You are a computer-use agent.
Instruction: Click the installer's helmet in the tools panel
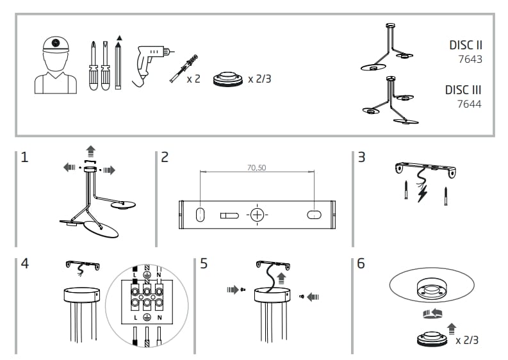tap(55, 44)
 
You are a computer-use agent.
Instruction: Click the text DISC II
tap(466, 45)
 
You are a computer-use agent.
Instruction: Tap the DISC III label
tap(463, 90)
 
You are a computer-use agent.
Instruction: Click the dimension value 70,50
tap(256, 168)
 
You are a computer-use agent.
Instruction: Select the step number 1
tap(24, 157)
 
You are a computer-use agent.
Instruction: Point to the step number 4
tap(24, 263)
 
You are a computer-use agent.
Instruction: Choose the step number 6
tap(361, 263)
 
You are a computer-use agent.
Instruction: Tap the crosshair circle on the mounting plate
tap(257, 215)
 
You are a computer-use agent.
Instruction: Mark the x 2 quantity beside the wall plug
tap(193, 79)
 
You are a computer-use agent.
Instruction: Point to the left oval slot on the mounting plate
tap(199, 215)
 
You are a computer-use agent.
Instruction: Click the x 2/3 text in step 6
tap(466, 340)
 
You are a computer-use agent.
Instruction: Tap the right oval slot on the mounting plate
tap(315, 215)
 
